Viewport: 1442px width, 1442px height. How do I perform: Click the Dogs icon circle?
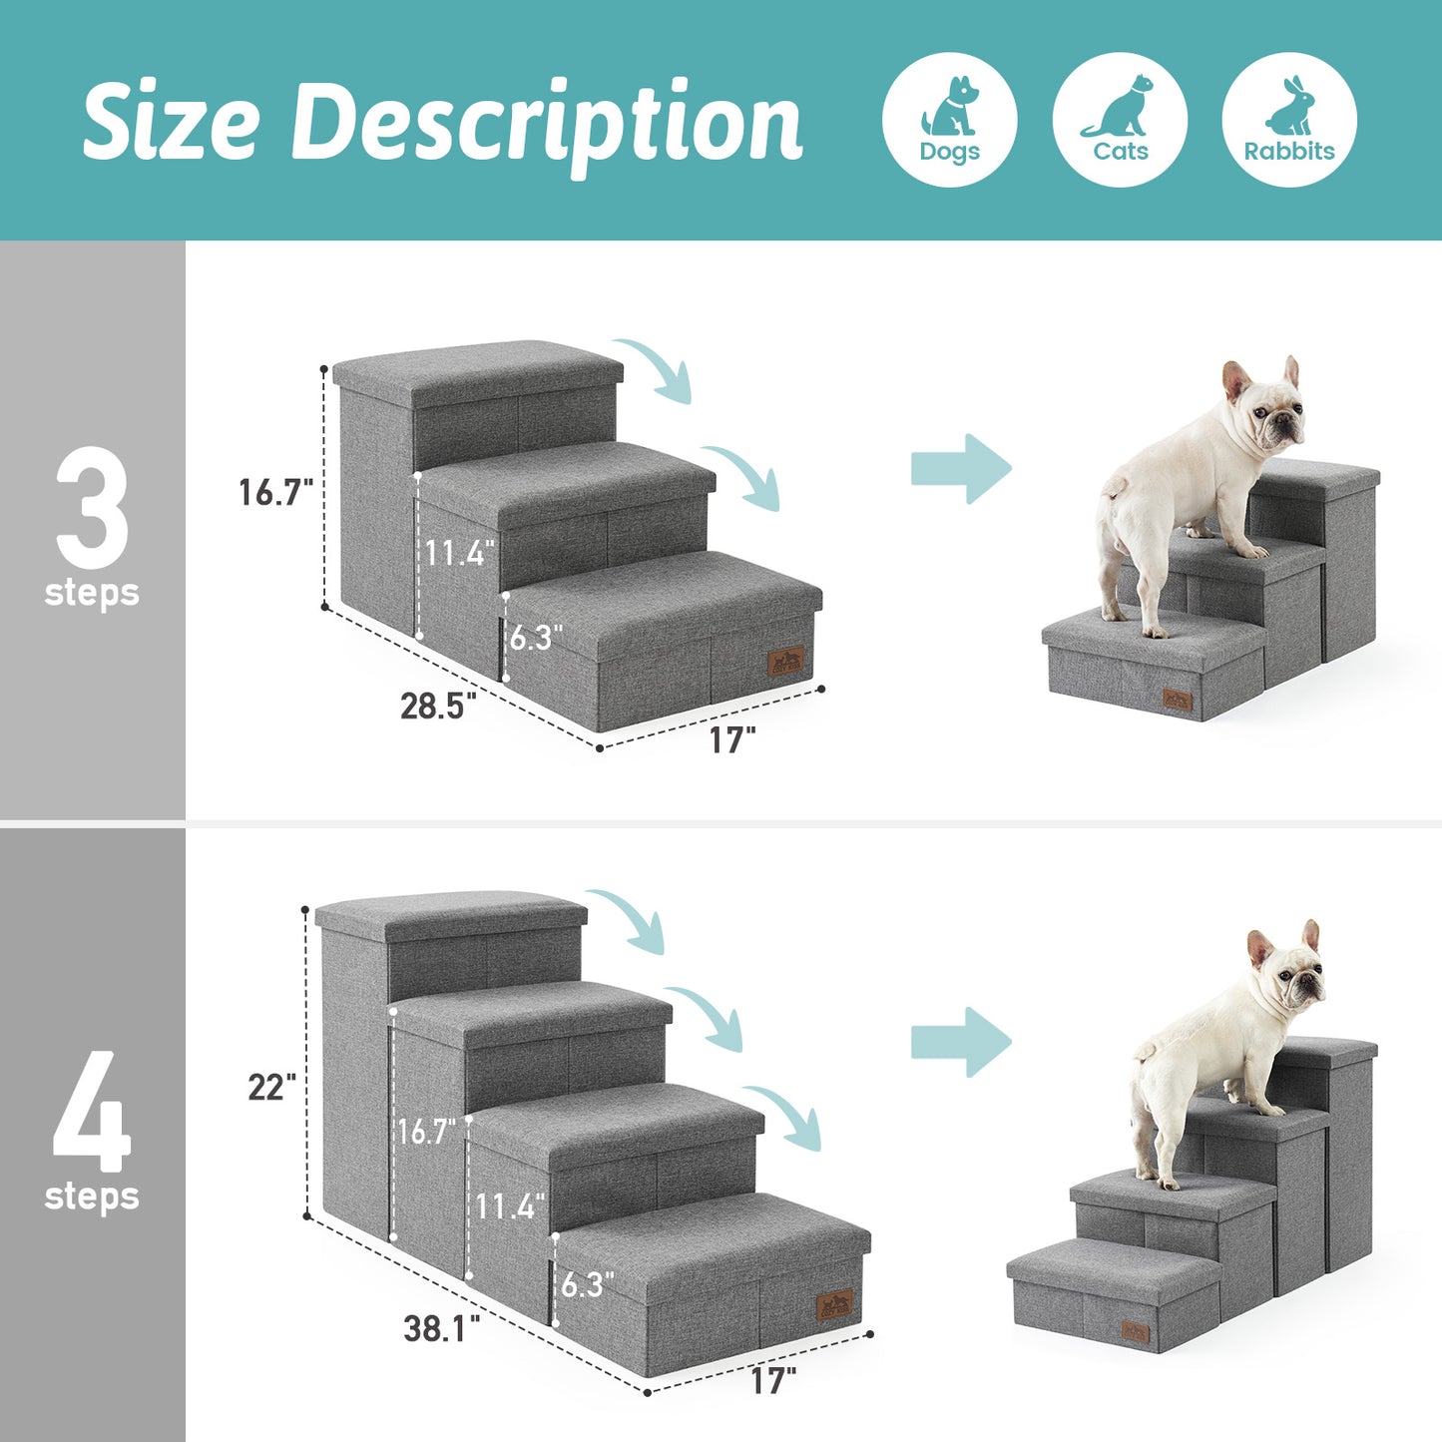(x=949, y=120)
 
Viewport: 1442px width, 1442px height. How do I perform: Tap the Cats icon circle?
(x=1120, y=120)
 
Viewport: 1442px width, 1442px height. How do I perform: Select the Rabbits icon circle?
(x=1289, y=120)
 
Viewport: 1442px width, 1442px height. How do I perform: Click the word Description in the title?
(x=546, y=123)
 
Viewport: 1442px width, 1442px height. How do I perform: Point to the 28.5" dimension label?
(x=438, y=707)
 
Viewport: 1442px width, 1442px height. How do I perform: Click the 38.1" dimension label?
(x=441, y=1328)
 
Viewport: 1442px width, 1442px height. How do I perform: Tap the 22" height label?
(x=272, y=1087)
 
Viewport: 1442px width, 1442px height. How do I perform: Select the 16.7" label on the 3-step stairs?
(x=275, y=492)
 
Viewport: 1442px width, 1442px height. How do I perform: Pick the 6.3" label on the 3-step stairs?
(x=536, y=638)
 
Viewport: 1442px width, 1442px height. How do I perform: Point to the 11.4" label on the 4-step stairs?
(x=510, y=1206)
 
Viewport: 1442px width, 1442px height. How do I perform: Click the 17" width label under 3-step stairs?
(x=732, y=740)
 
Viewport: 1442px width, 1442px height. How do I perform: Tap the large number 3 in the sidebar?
(x=92, y=508)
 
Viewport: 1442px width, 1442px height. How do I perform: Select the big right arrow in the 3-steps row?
(x=960, y=468)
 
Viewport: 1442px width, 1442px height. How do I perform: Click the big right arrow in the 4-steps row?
(x=960, y=1042)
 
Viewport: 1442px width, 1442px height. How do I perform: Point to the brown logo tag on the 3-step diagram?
(x=786, y=661)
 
